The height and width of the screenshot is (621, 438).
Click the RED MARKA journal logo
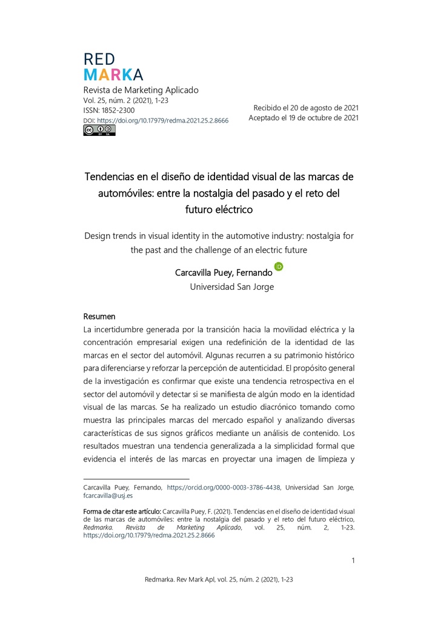[x=113, y=67]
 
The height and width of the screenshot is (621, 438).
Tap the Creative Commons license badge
[x=99, y=130]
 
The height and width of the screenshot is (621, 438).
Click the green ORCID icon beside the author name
[x=279, y=266]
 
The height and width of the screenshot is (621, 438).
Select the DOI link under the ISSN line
[x=162, y=121]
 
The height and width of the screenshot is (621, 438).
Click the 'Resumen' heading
[x=99, y=317]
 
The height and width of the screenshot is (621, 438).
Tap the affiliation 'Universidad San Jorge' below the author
[x=232, y=287]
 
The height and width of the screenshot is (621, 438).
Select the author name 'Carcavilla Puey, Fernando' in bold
[x=224, y=273]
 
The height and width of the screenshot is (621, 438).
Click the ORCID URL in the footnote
[x=223, y=487]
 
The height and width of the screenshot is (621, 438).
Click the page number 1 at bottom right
[x=353, y=560]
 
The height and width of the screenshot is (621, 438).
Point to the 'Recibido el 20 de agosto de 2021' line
[x=306, y=107]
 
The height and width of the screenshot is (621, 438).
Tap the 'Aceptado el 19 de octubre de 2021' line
[x=304, y=118]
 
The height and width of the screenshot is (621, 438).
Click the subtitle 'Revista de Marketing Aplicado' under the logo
[x=141, y=90]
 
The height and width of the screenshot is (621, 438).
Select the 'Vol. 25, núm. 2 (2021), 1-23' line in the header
[x=125, y=100]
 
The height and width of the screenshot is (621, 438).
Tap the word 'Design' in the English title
[x=99, y=236]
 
